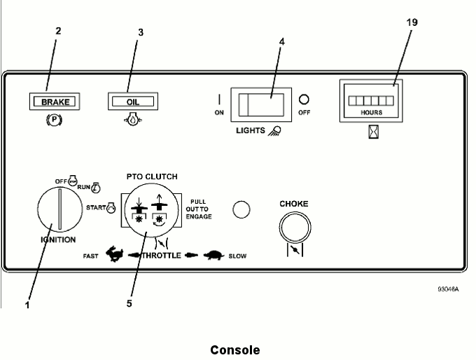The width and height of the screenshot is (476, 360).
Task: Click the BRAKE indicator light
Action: click(52, 102)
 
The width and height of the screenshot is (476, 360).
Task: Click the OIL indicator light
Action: click(132, 102)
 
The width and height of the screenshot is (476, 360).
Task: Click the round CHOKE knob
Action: click(294, 228)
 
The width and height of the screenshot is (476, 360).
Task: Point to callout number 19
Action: click(412, 23)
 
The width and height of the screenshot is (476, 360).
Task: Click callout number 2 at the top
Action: click(58, 31)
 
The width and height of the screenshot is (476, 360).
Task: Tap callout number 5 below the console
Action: click(129, 303)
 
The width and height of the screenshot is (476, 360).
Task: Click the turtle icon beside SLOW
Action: click(214, 255)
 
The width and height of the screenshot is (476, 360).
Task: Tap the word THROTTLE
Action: click(162, 256)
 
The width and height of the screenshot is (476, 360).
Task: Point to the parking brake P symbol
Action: click(52, 118)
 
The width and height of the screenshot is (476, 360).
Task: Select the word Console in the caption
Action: click(235, 349)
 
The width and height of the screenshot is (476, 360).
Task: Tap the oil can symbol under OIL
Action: click(132, 119)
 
